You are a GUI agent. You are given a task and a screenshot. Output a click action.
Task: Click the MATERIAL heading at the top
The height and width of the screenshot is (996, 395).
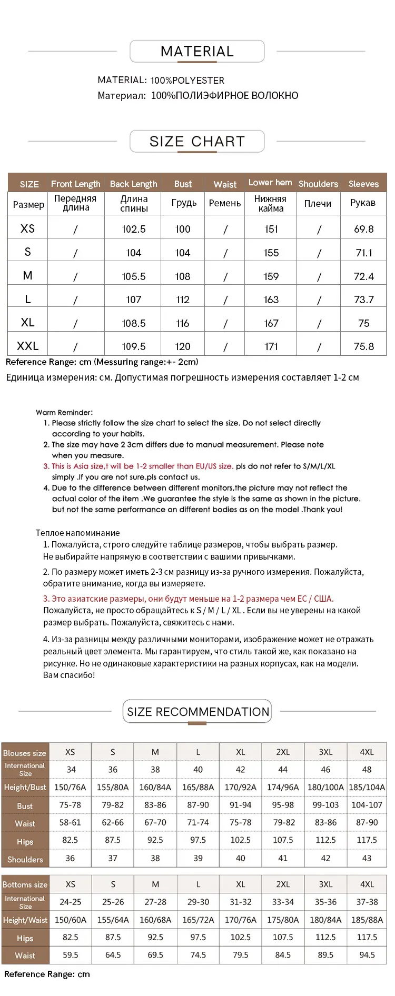[x=197, y=52]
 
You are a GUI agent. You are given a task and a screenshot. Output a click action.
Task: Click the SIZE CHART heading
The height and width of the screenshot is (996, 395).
[x=197, y=142]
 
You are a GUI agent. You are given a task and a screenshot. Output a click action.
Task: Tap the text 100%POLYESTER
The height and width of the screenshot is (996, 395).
[x=187, y=81]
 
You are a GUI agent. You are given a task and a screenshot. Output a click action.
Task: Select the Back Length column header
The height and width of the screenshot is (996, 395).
[x=133, y=184]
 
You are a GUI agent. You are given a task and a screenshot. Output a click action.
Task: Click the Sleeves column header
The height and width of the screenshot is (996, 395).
[x=363, y=184]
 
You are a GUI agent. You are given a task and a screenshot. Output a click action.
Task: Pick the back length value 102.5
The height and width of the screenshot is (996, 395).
[x=134, y=229]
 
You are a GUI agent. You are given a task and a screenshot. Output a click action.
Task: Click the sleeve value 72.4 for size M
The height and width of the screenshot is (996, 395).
[x=364, y=276]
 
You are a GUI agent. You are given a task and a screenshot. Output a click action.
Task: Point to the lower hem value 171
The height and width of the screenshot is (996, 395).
[x=271, y=346]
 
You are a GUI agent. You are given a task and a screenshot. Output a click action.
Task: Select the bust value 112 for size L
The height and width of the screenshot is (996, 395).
[x=183, y=300]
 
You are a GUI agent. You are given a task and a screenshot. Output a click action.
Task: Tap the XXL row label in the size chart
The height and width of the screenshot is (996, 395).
[x=27, y=346]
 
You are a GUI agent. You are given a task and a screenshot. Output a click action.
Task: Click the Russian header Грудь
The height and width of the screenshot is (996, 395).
[x=184, y=203]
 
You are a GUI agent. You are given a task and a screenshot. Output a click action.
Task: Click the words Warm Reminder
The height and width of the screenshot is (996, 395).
[x=64, y=412]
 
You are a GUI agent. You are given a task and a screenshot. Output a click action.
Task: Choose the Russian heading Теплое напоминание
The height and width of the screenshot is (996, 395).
[x=77, y=533]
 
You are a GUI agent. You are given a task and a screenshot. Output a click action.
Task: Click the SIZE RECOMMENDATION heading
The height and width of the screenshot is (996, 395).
[x=197, y=712]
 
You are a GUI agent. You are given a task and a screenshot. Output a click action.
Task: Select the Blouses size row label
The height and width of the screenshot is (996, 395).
[x=25, y=753]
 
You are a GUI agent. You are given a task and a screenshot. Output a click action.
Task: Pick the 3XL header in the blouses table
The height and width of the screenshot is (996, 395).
[x=325, y=752]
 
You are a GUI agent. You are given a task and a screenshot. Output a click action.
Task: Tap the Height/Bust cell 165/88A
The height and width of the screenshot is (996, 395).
[x=198, y=788]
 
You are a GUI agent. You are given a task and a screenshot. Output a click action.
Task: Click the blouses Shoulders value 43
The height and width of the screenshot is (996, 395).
[x=367, y=858]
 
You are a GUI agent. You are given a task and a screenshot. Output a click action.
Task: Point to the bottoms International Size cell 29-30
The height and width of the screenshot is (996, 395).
[x=198, y=902]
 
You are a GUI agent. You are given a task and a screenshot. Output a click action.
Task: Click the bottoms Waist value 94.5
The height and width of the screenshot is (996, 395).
[x=367, y=955]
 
